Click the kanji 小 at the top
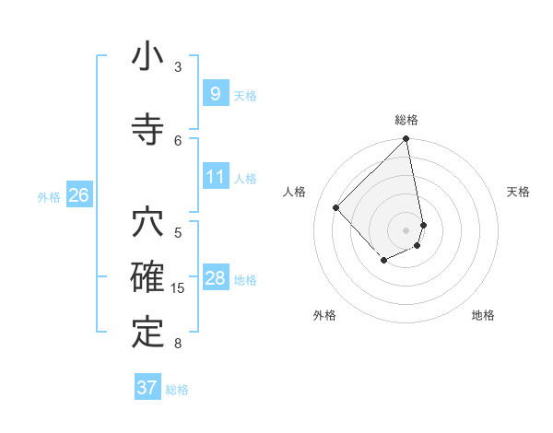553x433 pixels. (x=148, y=57)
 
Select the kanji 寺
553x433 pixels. (x=148, y=128)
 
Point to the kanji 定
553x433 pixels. (x=148, y=332)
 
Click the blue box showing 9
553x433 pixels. (x=215, y=93)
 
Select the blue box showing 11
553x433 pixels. (x=215, y=177)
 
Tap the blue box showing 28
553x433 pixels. (x=215, y=278)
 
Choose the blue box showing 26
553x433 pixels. (x=78, y=195)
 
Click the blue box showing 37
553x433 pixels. (x=147, y=388)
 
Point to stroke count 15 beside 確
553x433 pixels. (x=178, y=288)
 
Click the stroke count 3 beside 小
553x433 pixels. (x=178, y=66)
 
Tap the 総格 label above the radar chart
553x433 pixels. (x=406, y=120)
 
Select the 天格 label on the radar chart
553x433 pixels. (x=518, y=192)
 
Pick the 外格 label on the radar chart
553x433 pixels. (x=324, y=315)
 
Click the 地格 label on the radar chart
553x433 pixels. (x=483, y=315)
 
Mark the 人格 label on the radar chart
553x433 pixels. (x=295, y=192)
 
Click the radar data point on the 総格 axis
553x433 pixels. (x=406, y=140)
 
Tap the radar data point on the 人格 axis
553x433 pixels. (x=336, y=207)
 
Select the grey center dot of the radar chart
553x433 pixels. (x=406, y=229)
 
